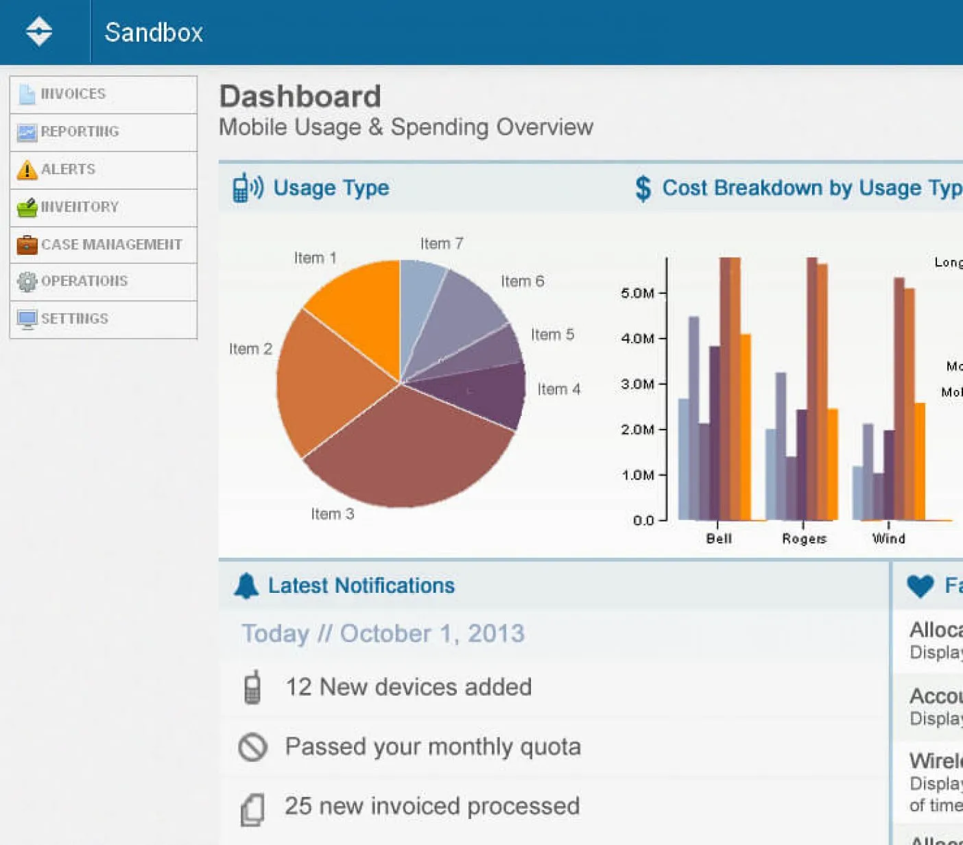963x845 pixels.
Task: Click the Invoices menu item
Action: (73, 94)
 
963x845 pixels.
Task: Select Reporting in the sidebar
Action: (80, 132)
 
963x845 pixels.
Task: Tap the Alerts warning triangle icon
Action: (27, 169)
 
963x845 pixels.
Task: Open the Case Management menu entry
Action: (111, 245)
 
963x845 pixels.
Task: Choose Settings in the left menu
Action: (74, 319)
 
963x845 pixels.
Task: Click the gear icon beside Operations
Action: (27, 282)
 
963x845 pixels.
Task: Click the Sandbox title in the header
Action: (154, 32)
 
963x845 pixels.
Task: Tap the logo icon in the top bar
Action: (39, 32)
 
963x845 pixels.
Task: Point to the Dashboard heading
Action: (300, 97)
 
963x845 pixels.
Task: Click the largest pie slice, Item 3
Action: (405, 452)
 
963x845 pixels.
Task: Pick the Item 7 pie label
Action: (442, 244)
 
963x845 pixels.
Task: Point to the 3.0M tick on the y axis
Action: (638, 384)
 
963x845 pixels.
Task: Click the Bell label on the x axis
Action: (719, 539)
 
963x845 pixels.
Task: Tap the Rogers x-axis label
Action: (804, 539)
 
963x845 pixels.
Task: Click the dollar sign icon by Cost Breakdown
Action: (643, 188)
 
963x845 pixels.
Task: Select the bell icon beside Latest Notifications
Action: (246, 586)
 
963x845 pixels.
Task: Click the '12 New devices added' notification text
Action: (408, 687)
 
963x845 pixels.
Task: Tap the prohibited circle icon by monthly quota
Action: (252, 747)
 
